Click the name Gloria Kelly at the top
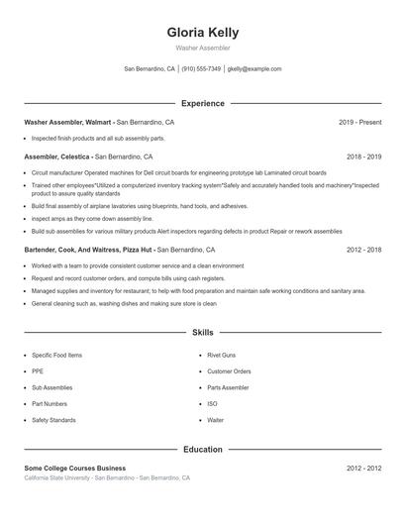pyautogui.click(x=203, y=33)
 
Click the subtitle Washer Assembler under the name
pyautogui.click(x=203, y=48)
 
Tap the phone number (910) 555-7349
pyautogui.click(x=202, y=69)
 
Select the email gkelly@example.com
pyautogui.click(x=254, y=69)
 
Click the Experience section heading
pyautogui.click(x=203, y=103)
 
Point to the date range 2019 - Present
pyautogui.click(x=359, y=122)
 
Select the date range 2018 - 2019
pyautogui.click(x=363, y=157)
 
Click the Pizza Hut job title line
pyautogui.click(x=89, y=251)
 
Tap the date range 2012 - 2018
pyautogui.click(x=363, y=251)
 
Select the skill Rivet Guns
pyautogui.click(x=223, y=355)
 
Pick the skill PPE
pyautogui.click(x=38, y=371)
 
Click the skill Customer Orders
pyautogui.click(x=229, y=371)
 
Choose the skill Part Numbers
pyautogui.click(x=50, y=404)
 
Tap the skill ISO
pyautogui.click(x=212, y=404)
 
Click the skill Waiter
pyautogui.click(x=215, y=420)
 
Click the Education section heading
pyautogui.click(x=203, y=449)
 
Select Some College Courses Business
pyautogui.click(x=75, y=468)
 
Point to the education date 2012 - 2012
pyautogui.click(x=363, y=468)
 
